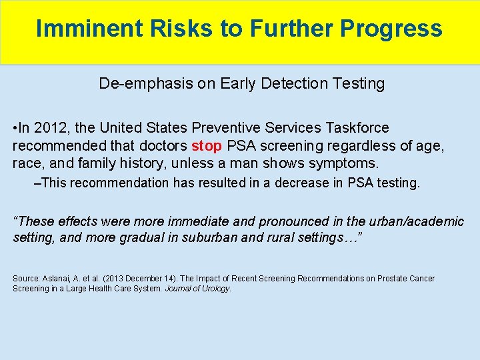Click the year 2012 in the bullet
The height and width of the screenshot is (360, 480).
click(x=52, y=127)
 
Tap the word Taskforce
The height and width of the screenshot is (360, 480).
click(x=357, y=127)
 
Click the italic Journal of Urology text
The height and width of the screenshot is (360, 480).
click(x=197, y=289)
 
